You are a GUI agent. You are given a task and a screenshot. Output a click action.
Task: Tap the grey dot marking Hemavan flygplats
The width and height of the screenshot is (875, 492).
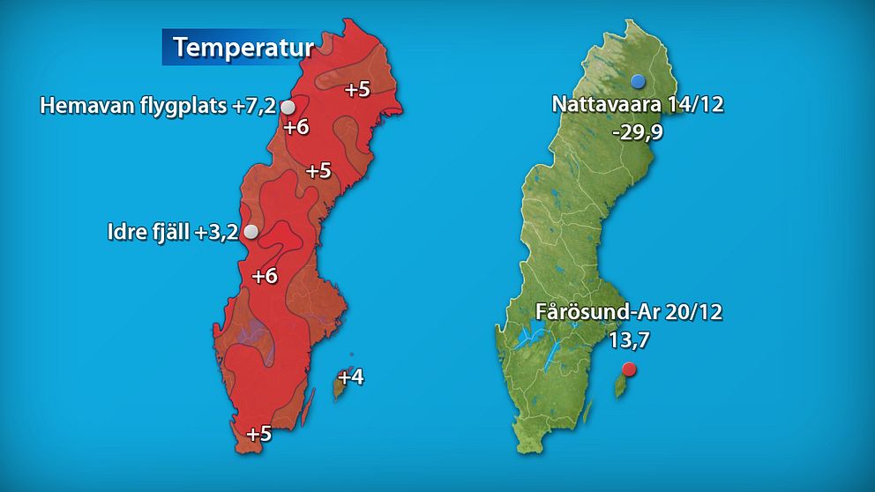pos(288,107)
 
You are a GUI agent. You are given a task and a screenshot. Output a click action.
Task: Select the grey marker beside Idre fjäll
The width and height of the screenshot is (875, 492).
pos(251,232)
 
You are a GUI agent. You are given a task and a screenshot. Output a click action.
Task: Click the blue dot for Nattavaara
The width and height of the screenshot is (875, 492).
pos(638,81)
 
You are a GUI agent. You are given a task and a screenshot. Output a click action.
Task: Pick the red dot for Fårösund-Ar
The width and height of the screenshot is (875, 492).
pos(628,369)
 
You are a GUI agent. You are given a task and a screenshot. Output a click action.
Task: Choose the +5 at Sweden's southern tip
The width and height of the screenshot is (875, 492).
pos(258,434)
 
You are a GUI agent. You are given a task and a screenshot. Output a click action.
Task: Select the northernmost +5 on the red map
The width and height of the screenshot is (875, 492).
pos(356,89)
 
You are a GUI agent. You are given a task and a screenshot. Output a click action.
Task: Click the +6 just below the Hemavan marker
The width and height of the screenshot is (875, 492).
pos(296,127)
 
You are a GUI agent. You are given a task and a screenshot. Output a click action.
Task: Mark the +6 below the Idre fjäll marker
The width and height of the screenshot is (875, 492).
pos(265,276)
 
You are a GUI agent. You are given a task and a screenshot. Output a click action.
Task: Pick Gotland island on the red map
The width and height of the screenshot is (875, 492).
pos(340,385)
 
